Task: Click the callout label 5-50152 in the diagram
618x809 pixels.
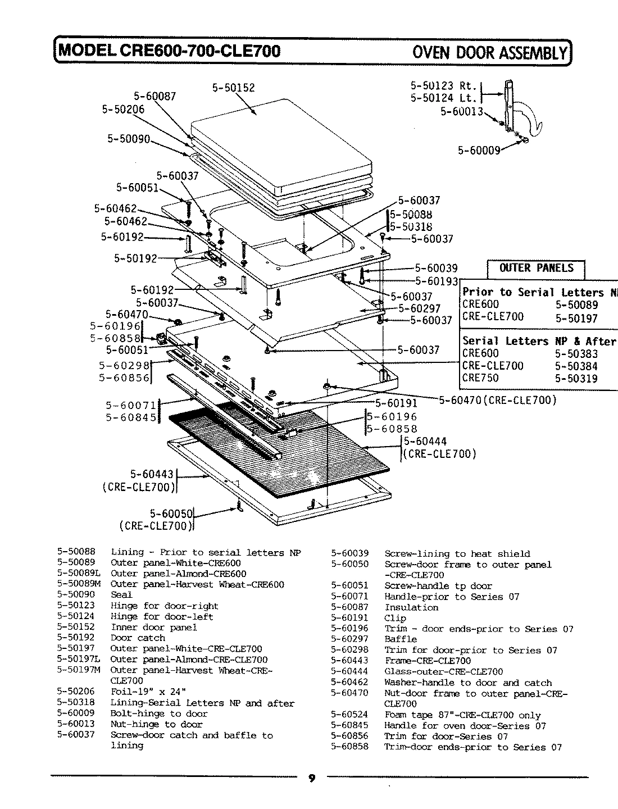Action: point(233,88)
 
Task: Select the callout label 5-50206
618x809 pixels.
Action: point(122,110)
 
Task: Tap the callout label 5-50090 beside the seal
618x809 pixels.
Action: point(129,139)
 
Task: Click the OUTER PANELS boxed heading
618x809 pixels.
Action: point(536,268)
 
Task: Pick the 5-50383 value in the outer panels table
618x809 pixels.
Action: point(576,354)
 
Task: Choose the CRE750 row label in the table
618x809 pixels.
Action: point(480,378)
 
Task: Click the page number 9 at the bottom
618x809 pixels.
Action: point(312,778)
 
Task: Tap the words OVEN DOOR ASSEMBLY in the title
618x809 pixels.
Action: point(490,52)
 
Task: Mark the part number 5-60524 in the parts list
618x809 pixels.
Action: point(349,715)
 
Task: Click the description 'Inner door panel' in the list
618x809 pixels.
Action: point(153,627)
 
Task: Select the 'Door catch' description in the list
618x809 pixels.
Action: point(138,638)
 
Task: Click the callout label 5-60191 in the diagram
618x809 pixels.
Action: point(396,403)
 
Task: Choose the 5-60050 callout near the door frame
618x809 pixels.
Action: point(171,513)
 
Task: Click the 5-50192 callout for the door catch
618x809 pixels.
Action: point(135,258)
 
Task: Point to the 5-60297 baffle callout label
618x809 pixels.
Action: point(420,308)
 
